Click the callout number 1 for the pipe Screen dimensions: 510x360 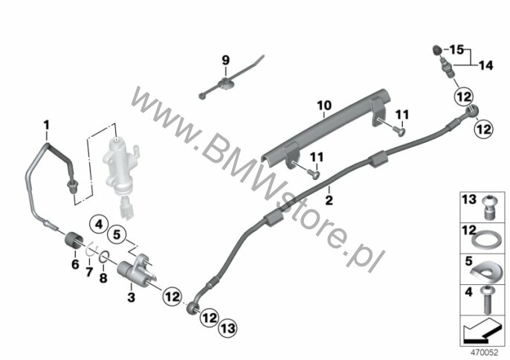point(47,125)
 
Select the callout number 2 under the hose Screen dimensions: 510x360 point(329,200)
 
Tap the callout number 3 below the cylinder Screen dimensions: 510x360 point(131,297)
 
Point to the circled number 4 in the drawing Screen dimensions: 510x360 point(99,225)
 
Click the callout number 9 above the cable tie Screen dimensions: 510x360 point(226,60)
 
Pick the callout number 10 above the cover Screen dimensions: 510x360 point(324,106)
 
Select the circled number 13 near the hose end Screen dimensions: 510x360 point(227,328)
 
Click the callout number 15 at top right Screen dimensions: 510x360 point(456,50)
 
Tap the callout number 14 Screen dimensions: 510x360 point(486,65)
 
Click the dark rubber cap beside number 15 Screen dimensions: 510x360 point(437,51)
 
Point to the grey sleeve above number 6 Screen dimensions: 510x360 point(74,240)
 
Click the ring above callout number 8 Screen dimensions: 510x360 point(103,257)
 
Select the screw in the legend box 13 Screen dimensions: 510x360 point(487,207)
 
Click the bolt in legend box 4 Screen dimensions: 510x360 point(487,300)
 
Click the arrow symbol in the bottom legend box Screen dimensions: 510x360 point(481,331)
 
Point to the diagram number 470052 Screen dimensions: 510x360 point(485,352)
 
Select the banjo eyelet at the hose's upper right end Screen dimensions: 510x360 point(472,111)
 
